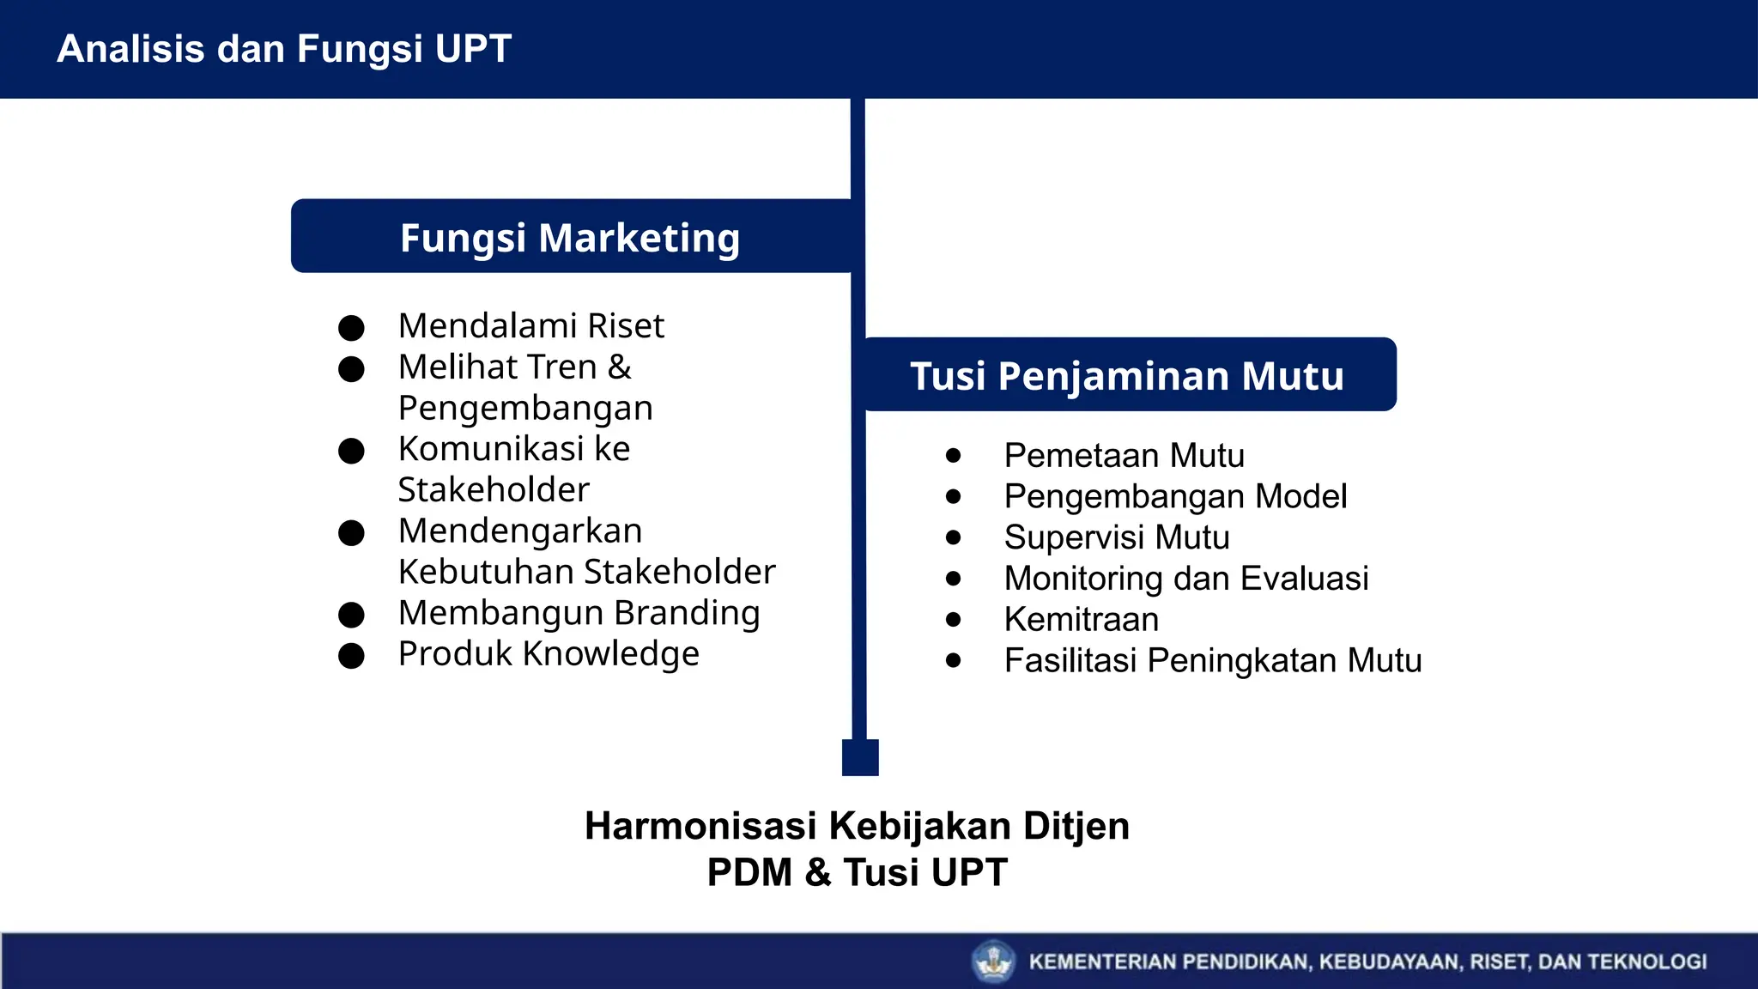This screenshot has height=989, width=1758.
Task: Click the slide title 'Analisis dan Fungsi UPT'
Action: click(284, 49)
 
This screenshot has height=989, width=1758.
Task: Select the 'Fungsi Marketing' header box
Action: click(570, 238)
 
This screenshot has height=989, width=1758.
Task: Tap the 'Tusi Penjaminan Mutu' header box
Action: click(1128, 376)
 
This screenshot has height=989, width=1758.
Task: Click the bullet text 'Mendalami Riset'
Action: click(531, 326)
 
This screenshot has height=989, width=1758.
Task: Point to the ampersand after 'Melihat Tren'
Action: click(620, 367)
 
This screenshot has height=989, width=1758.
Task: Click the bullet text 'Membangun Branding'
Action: click(579, 613)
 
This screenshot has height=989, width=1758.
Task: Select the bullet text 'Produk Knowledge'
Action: click(549, 654)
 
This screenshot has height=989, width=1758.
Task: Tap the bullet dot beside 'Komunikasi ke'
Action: click(351, 451)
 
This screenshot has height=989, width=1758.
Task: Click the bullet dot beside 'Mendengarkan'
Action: click(351, 533)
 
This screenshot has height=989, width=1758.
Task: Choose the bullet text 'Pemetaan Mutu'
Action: click(1125, 456)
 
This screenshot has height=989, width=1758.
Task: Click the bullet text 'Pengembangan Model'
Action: click(1176, 497)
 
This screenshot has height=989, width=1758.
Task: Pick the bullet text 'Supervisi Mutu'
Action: click(1117, 538)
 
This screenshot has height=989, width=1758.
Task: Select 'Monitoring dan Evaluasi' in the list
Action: click(1186, 579)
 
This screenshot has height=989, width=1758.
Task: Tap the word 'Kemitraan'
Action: click(1082, 620)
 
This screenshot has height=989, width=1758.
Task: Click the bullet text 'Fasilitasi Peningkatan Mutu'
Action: click(1213, 661)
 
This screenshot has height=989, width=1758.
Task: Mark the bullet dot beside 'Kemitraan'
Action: click(953, 620)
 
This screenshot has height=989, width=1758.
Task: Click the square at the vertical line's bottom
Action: click(860, 757)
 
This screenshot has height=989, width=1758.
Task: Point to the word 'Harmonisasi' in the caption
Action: click(700, 826)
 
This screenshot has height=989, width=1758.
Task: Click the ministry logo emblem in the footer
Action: click(994, 961)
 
